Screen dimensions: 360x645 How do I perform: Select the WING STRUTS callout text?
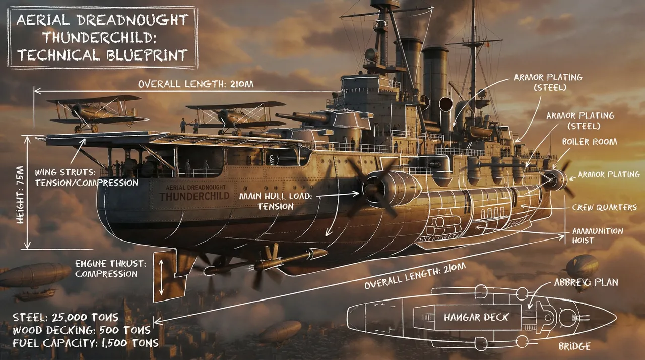tap(86, 177)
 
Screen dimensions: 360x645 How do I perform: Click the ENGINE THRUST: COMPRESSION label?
tap(110, 268)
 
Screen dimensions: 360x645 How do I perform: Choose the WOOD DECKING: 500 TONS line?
tap(76, 330)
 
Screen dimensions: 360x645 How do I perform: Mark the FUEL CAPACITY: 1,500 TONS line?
tap(80, 343)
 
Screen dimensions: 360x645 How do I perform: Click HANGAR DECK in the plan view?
tap(476, 317)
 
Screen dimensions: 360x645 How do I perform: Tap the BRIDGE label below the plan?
tap(574, 346)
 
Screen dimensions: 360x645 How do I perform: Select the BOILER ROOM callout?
tap(589, 142)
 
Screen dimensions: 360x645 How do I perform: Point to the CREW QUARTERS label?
tap(604, 207)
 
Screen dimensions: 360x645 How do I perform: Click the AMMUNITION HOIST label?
tap(597, 235)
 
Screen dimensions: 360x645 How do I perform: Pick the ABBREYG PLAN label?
tap(586, 282)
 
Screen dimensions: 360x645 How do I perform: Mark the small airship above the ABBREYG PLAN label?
tap(582, 265)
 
